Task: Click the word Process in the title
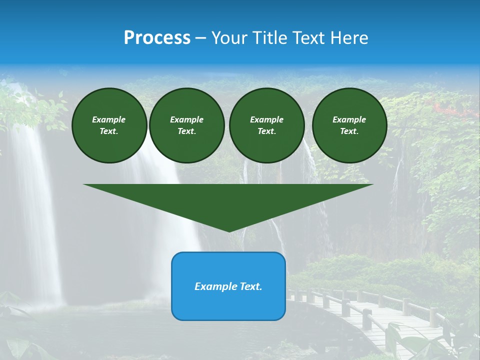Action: pyautogui.click(x=157, y=37)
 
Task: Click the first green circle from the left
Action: pyautogui.click(x=109, y=125)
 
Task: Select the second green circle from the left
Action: pyautogui.click(x=187, y=125)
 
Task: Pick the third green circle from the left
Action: pyautogui.click(x=267, y=125)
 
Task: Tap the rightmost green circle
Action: pyautogui.click(x=349, y=125)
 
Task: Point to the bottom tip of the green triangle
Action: pyautogui.click(x=229, y=231)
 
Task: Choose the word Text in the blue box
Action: pyautogui.click(x=251, y=286)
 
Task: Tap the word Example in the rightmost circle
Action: pyautogui.click(x=349, y=119)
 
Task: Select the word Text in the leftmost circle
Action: pyautogui.click(x=108, y=131)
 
